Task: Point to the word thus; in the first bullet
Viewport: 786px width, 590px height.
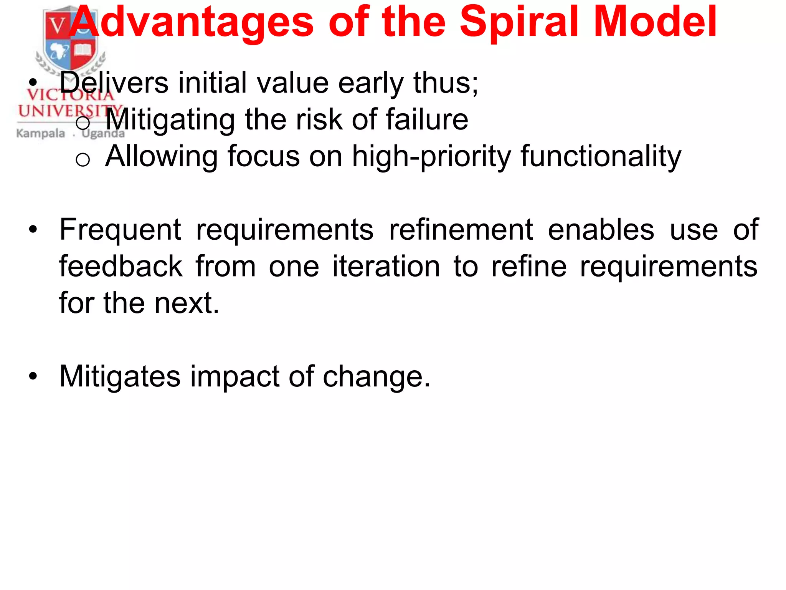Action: tap(446, 83)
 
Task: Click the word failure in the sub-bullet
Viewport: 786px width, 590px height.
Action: tap(426, 119)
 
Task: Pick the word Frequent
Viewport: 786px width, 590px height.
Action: tap(120, 230)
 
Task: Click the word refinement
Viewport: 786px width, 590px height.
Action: tap(461, 230)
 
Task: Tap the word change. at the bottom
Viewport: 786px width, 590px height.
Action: tap(376, 376)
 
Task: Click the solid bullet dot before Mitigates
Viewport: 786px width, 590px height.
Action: tap(33, 376)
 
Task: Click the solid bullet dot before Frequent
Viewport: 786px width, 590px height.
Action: tap(33, 229)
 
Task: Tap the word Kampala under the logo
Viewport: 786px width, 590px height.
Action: tap(41, 133)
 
